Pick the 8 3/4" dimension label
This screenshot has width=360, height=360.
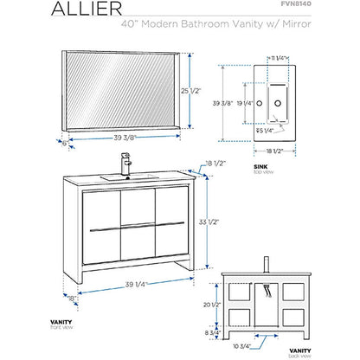click(201, 332)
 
